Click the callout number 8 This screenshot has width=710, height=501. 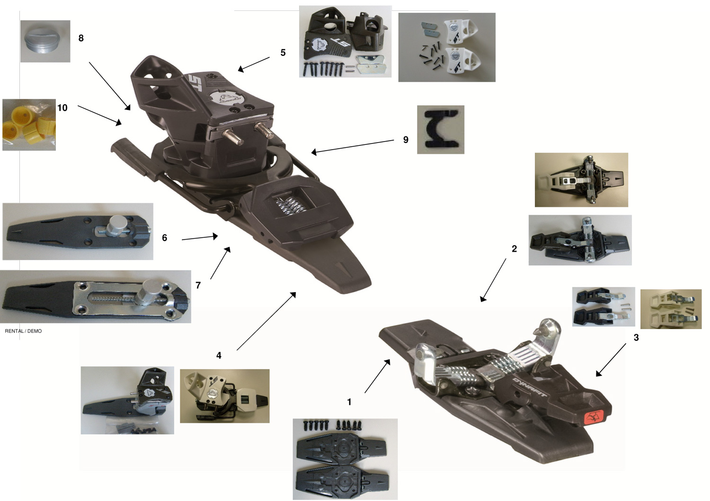pyautogui.click(x=81, y=38)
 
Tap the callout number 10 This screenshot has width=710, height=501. pyautogui.click(x=62, y=108)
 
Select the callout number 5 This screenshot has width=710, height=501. pyautogui.click(x=283, y=53)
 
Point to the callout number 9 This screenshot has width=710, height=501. pyautogui.click(x=406, y=140)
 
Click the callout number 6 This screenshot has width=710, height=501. pyautogui.click(x=165, y=238)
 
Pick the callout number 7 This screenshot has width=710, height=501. pyautogui.click(x=198, y=285)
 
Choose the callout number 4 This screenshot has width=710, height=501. pyautogui.click(x=219, y=355)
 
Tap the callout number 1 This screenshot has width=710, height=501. pyautogui.click(x=349, y=402)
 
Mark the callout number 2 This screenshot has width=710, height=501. pyautogui.click(x=515, y=249)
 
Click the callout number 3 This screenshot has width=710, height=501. pyautogui.click(x=636, y=337)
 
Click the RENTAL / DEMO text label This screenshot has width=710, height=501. pyautogui.click(x=23, y=331)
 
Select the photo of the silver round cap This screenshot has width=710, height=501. pyautogui.click(x=45, y=41)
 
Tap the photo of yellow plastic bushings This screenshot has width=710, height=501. pyautogui.click(x=29, y=125)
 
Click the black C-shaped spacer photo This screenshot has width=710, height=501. pyautogui.click(x=441, y=129)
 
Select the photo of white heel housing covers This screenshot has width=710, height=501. pyautogui.click(x=447, y=47)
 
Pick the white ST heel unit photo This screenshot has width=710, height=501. pyautogui.click(x=225, y=396)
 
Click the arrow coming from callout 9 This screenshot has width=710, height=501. pyautogui.click(x=353, y=146)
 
